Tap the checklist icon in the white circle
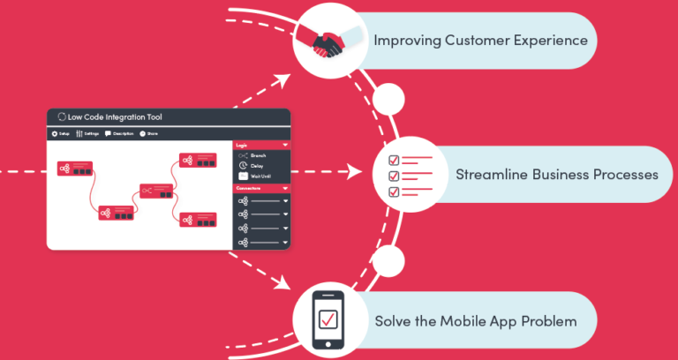pos(403,175)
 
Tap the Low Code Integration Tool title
pos(115,116)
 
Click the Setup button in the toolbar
pos(61,133)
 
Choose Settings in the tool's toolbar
pos(88,133)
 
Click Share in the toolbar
pos(149,133)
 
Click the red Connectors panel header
pos(261,188)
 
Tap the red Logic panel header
pos(261,144)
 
